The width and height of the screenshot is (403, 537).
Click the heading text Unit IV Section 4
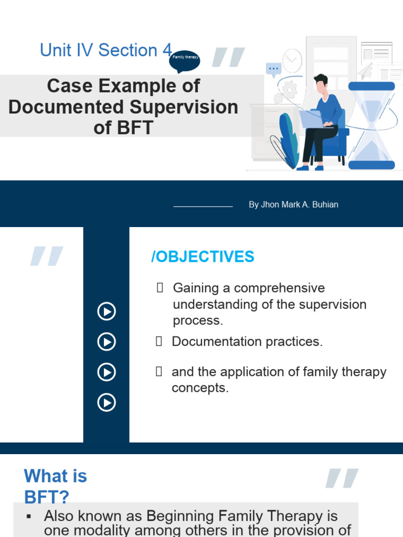click(x=105, y=50)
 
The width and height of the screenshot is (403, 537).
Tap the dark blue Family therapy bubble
click(x=184, y=57)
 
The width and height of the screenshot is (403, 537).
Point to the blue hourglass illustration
click(x=372, y=126)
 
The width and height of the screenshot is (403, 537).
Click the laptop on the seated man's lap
click(x=313, y=119)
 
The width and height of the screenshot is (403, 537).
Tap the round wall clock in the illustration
click(x=292, y=60)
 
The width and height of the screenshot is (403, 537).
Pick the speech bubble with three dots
click(x=273, y=69)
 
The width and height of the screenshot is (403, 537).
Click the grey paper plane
click(x=365, y=69)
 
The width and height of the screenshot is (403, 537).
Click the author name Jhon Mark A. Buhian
click(x=293, y=205)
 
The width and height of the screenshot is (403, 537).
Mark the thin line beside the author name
click(x=203, y=207)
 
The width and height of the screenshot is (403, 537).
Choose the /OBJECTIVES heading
click(x=203, y=257)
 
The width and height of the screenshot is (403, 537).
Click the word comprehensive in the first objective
click(x=279, y=288)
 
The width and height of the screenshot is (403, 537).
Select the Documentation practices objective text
click(x=247, y=342)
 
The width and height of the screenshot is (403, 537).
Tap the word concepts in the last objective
click(x=200, y=389)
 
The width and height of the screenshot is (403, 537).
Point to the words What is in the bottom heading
click(x=55, y=476)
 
